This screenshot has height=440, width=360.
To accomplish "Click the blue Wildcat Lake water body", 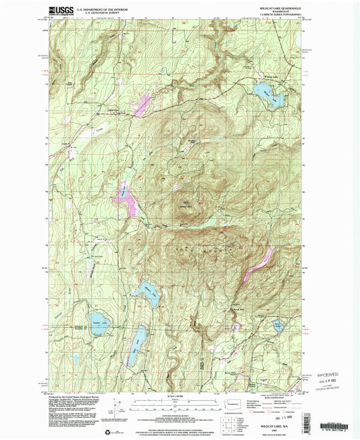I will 274,100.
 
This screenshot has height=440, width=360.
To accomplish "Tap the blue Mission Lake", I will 150,294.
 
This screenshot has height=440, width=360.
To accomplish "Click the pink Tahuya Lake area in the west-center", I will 127,199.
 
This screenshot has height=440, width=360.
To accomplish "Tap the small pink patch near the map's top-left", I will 143,105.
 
